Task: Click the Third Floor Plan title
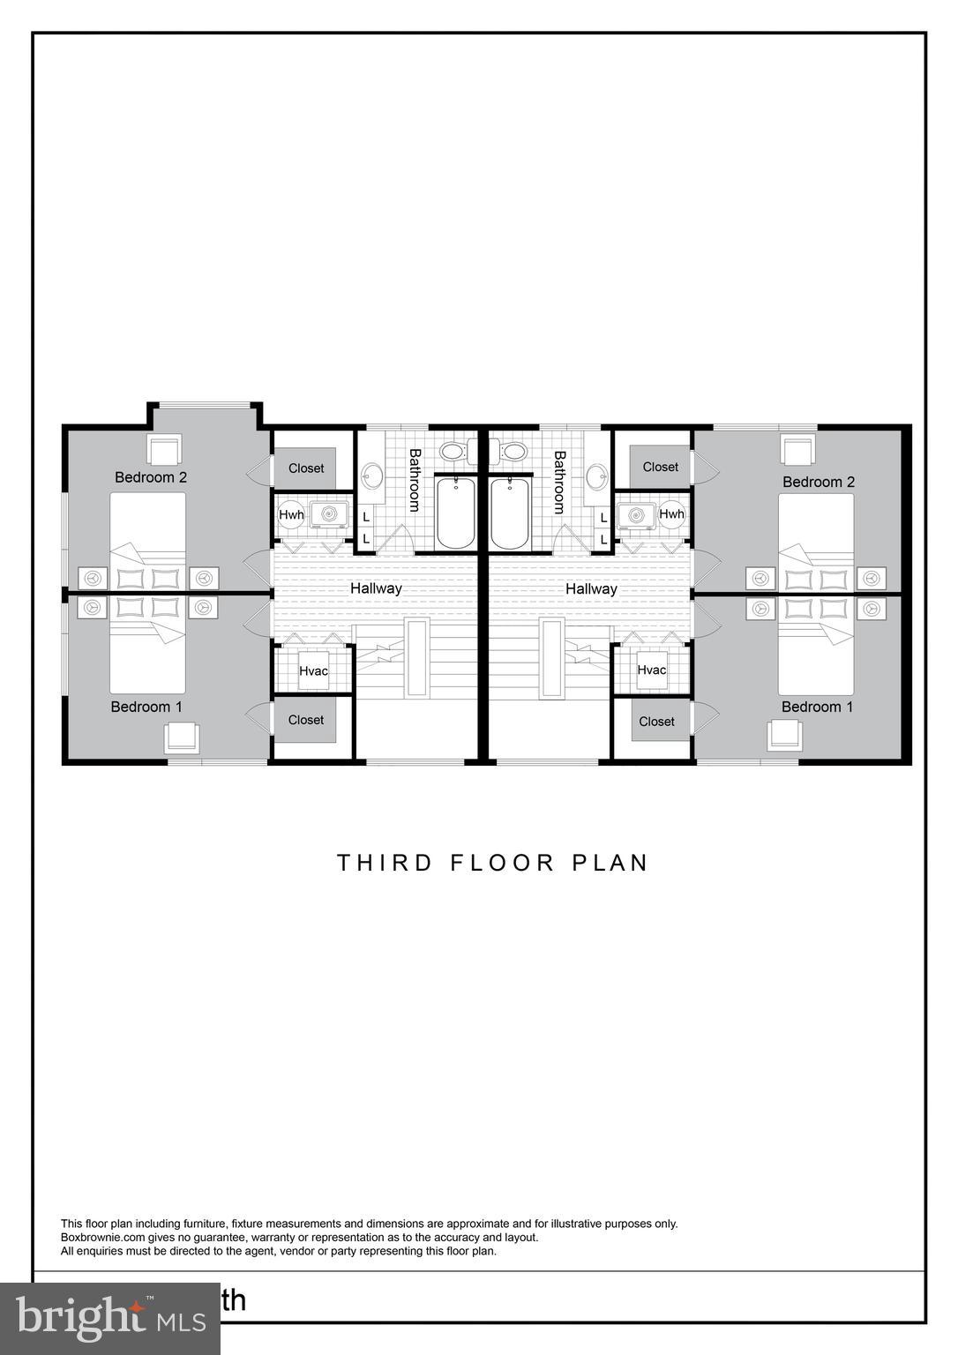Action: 492,862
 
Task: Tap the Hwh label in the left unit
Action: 291,515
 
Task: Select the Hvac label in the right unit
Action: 651,670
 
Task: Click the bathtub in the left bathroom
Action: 456,512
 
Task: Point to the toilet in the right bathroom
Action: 511,453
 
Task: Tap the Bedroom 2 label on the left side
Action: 151,477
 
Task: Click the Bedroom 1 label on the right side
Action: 817,707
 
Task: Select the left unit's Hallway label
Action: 376,588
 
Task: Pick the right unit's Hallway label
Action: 591,588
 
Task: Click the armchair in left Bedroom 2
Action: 165,450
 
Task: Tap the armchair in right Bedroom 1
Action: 783,735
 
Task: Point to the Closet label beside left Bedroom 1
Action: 306,720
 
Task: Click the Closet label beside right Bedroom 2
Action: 661,467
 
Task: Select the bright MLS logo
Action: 110,1317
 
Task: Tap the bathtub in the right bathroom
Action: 509,512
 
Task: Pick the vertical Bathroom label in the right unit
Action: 559,482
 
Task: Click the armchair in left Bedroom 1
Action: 183,737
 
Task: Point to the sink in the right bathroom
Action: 597,477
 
